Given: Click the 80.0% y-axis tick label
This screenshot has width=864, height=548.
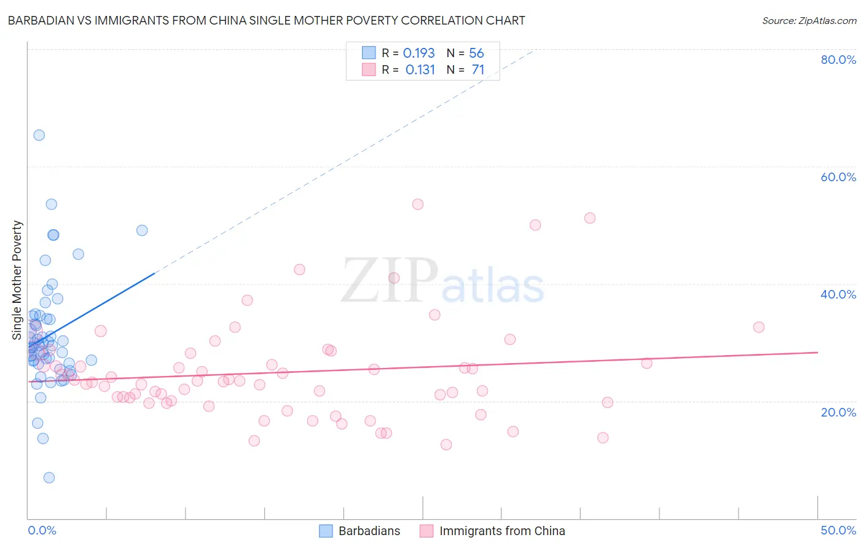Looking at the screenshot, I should click(838, 60).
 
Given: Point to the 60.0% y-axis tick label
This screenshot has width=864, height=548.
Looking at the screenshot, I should click(838, 177).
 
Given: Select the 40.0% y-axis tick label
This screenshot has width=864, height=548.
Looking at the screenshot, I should click(838, 294).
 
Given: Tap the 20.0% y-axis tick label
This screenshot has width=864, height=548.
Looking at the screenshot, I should click(838, 412).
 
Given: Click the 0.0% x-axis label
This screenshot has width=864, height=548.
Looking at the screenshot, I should click(42, 530).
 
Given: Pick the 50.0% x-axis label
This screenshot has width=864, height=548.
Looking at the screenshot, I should click(838, 530).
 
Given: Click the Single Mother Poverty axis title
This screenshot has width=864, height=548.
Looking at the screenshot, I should click(17, 280).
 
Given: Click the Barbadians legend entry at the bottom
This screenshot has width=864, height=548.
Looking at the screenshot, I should click(359, 531).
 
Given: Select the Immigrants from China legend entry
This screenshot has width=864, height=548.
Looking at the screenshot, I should click(492, 531).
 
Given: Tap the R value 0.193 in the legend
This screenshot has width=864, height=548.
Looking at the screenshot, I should click(418, 53).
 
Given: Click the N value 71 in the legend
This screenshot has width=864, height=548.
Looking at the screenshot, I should click(478, 70).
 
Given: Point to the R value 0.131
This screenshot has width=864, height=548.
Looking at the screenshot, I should click(420, 70).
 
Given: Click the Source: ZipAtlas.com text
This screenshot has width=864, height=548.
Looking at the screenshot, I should click(809, 21).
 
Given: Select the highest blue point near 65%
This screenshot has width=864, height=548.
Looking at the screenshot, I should click(39, 135).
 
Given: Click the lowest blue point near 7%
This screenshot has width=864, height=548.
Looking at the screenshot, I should click(49, 477).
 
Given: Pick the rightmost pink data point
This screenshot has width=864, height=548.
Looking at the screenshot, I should click(759, 327).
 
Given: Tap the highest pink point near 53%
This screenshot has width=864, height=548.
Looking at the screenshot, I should click(418, 204).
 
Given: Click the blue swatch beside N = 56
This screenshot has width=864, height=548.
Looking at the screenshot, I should click(369, 53).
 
